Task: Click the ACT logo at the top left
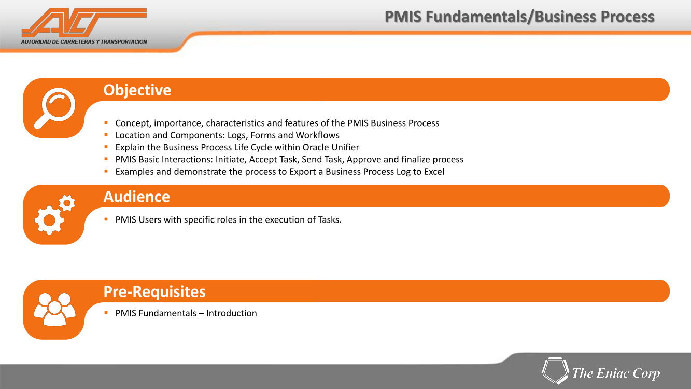point(84,22)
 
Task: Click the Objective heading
point(137,90)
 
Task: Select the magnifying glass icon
point(54,108)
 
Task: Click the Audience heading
point(137,197)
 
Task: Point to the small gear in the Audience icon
point(67,203)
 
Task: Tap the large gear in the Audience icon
point(49,220)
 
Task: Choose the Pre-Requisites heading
point(154,291)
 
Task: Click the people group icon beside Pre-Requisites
point(54,309)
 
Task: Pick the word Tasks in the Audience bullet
point(330,220)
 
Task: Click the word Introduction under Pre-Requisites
point(231,313)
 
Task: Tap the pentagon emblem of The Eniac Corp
point(555,370)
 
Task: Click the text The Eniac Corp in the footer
point(616,373)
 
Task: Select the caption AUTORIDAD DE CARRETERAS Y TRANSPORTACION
point(84,41)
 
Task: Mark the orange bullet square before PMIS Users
point(106,219)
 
